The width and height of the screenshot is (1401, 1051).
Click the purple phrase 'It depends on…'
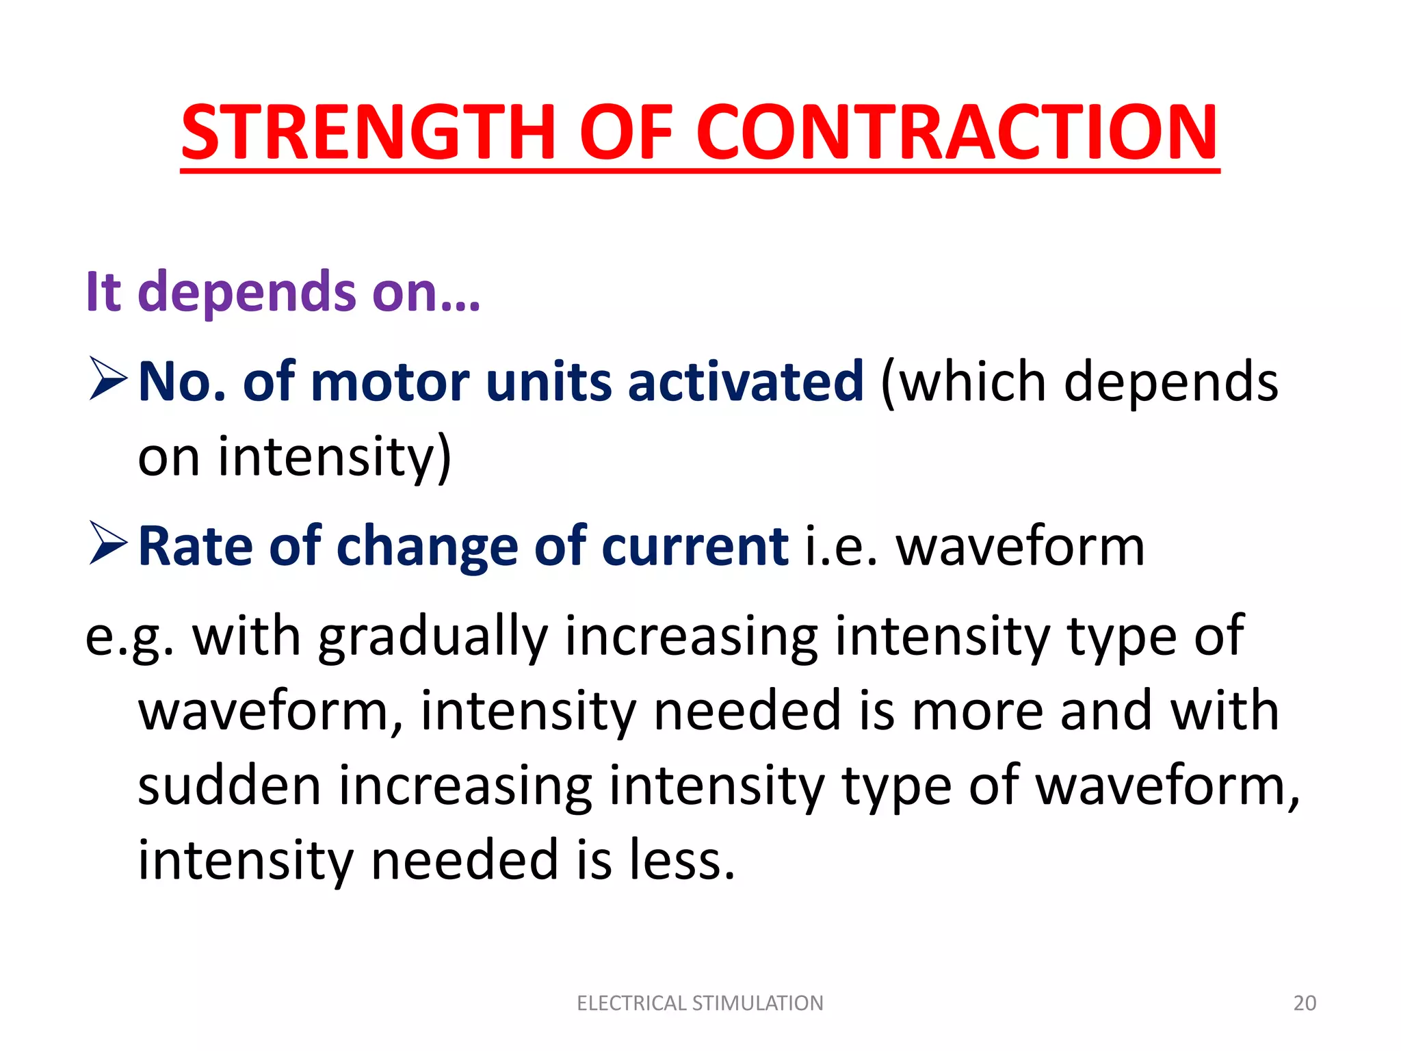coord(283,292)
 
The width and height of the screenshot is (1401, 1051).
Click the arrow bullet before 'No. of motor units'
coord(108,380)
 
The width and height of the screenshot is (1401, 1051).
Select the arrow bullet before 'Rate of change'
coord(108,545)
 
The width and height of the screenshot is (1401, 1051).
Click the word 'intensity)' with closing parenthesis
coord(335,456)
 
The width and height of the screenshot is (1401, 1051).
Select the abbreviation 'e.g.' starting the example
coord(129,636)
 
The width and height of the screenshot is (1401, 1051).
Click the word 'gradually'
coord(433,636)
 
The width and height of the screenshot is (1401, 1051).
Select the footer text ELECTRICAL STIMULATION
coord(700,1003)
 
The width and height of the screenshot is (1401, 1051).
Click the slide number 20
coord(1305,1003)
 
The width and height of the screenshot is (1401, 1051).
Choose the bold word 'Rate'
coord(195,546)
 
